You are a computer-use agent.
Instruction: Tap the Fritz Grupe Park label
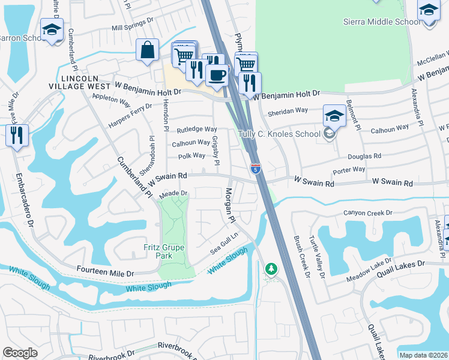click(164, 251)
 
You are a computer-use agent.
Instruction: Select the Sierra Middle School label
click(382, 22)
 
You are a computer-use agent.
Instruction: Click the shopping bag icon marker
click(147, 50)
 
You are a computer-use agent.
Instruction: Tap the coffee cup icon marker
click(217, 74)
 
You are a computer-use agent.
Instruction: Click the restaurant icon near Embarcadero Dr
click(17, 134)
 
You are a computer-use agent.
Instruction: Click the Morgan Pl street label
click(229, 205)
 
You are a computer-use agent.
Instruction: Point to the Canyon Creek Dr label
click(367, 213)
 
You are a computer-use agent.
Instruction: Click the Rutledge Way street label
click(196, 130)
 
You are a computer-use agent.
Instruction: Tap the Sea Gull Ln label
click(224, 244)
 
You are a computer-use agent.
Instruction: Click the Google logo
click(20, 353)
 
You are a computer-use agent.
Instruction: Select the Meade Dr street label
click(174, 194)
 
